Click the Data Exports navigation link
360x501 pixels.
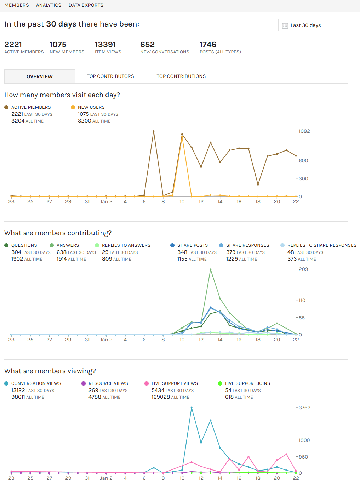(x=86, y=5)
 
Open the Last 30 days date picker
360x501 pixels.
(x=309, y=25)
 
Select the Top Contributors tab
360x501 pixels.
(x=110, y=76)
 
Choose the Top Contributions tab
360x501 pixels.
(x=181, y=76)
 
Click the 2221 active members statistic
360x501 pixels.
(x=13, y=45)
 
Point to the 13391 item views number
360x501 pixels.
(x=105, y=45)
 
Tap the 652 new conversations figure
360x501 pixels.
(x=147, y=45)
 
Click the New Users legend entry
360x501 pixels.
(x=91, y=107)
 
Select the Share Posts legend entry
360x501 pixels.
(x=192, y=245)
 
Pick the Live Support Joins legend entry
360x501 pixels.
(x=247, y=383)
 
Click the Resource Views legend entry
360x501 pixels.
(x=108, y=383)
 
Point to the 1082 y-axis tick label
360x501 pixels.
(x=304, y=131)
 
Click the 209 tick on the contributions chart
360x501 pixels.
(x=303, y=269)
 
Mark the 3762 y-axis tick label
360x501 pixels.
(x=304, y=408)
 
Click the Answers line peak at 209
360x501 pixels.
(x=211, y=269)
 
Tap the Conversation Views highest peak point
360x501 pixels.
(x=192, y=408)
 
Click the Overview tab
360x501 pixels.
(x=40, y=76)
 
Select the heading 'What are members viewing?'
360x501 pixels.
(x=50, y=371)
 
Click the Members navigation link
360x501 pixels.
(x=17, y=5)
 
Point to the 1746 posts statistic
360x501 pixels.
(x=208, y=45)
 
